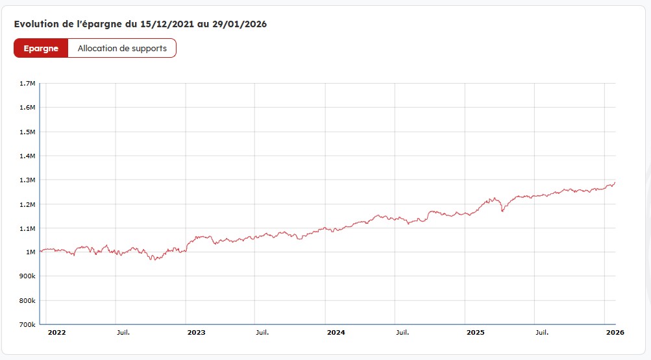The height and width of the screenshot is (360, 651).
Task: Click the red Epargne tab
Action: click(x=41, y=49)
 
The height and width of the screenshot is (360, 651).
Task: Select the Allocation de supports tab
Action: click(x=122, y=49)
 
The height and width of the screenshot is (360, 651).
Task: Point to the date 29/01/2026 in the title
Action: click(x=241, y=24)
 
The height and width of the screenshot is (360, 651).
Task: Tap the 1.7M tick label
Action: click(x=27, y=84)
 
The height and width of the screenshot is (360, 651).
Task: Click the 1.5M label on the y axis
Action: click(x=27, y=132)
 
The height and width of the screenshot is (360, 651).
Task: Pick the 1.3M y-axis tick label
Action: click(x=27, y=180)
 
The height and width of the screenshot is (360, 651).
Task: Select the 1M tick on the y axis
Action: click(x=31, y=252)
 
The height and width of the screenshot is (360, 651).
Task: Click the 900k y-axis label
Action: click(x=27, y=276)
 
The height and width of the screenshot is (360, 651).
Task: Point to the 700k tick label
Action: click(x=27, y=324)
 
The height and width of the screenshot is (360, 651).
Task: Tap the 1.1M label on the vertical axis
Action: click(x=27, y=228)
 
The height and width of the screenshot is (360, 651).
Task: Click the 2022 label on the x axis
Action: click(x=57, y=332)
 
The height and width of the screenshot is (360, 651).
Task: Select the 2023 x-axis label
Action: click(x=196, y=332)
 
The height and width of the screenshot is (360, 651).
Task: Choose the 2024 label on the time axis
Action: click(x=336, y=332)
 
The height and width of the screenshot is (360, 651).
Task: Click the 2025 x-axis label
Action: click(x=476, y=332)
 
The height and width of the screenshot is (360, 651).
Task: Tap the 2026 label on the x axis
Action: click(x=615, y=332)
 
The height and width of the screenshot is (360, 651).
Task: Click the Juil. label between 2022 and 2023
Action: click(x=123, y=332)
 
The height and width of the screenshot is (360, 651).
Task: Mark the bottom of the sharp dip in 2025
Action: click(x=502, y=211)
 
